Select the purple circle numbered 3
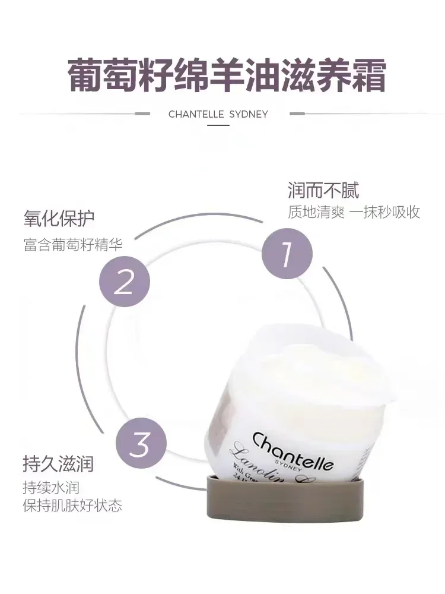click(141, 444)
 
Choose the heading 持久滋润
click(58, 463)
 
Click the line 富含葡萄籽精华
click(73, 244)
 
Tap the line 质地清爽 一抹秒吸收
click(354, 212)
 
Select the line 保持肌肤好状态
click(72, 506)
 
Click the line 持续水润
click(51, 488)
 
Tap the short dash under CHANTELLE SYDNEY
click(218, 125)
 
